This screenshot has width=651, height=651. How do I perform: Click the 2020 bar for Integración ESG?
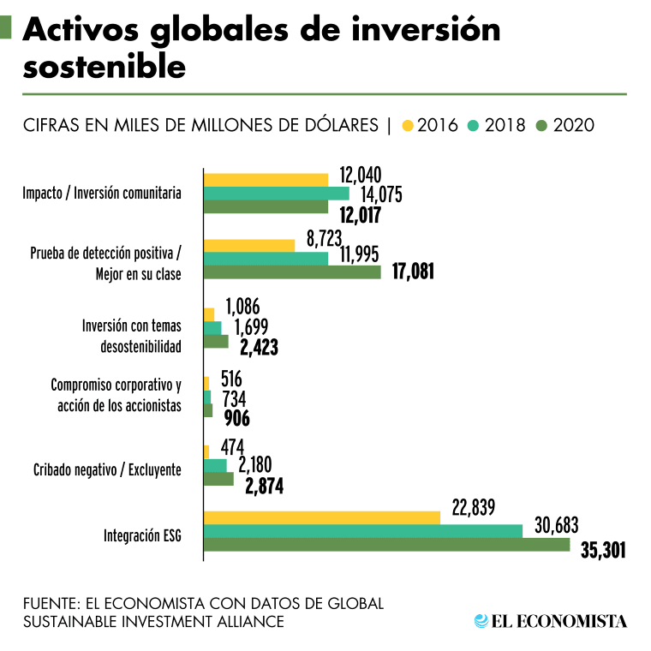point(386,545)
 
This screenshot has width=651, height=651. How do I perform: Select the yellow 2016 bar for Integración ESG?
point(322,517)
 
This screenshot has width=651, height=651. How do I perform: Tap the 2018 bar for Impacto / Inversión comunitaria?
point(277,193)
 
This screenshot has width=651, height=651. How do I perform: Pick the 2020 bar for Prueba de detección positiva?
point(292,272)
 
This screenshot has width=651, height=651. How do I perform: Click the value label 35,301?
point(603,550)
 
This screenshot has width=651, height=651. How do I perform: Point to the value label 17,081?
point(413,272)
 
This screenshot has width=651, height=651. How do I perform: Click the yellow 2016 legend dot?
point(407,126)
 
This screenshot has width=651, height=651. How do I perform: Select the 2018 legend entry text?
point(505,125)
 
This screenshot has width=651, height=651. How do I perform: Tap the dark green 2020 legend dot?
point(541,126)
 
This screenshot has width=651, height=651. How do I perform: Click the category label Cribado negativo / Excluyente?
point(107,469)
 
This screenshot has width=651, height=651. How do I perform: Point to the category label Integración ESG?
point(143,537)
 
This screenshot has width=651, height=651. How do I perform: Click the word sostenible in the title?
point(104,65)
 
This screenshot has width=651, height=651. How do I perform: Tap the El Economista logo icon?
point(481,620)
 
